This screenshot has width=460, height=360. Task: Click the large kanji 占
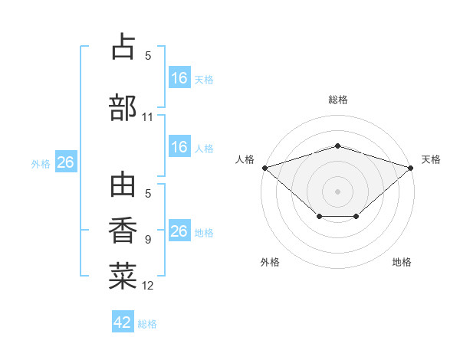(123, 46)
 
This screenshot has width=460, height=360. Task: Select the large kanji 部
(123, 107)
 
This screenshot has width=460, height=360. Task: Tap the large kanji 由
(123, 185)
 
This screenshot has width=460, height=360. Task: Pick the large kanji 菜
(123, 276)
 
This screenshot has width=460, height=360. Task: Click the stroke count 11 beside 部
(147, 117)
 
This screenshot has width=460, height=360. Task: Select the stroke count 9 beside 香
(148, 240)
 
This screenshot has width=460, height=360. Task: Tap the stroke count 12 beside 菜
(147, 286)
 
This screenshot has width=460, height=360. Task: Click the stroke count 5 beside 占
(148, 56)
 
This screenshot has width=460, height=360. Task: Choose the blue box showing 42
(123, 321)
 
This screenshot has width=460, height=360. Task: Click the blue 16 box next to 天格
(179, 77)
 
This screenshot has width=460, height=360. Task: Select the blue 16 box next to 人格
(179, 146)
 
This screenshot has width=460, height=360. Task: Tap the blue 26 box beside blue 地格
(179, 230)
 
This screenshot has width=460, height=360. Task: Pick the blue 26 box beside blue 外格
(66, 162)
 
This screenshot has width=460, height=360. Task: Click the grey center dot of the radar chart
(337, 191)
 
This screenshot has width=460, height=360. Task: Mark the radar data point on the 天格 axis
(411, 168)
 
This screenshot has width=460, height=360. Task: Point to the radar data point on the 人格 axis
(265, 168)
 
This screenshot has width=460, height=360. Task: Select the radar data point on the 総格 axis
(337, 146)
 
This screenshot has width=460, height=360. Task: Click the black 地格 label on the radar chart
(402, 262)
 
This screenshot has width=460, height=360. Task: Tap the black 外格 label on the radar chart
(270, 262)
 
